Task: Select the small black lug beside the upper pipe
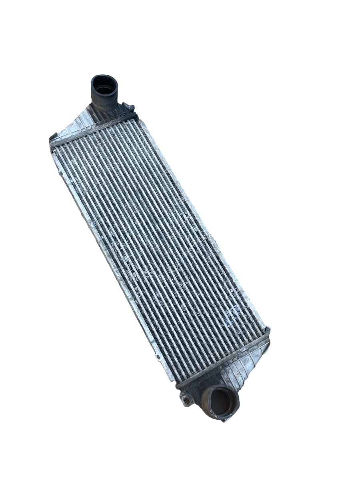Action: click(x=129, y=107)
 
